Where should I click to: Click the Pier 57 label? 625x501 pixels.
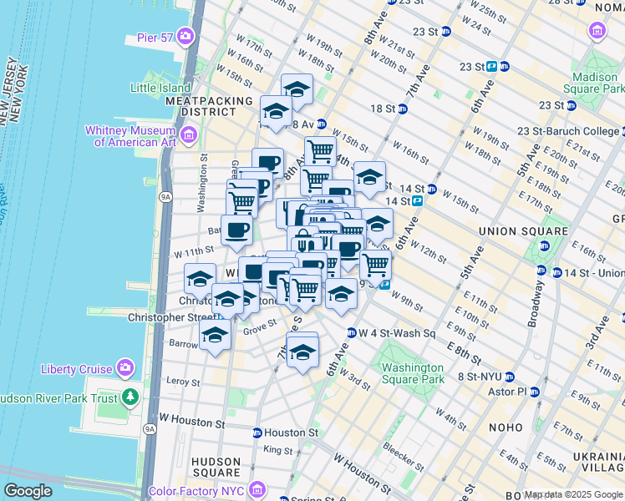click(156, 38)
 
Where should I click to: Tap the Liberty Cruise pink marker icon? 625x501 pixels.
click(125, 367)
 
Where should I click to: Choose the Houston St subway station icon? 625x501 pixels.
click(257, 433)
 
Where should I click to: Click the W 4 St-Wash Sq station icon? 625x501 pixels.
click(352, 333)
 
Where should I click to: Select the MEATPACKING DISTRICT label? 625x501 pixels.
click(209, 106)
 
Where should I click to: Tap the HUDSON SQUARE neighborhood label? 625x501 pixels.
click(216, 467)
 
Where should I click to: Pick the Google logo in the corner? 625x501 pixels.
click(28, 491)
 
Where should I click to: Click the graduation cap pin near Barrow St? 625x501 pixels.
click(216, 336)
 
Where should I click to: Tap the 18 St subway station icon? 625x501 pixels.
click(403, 109)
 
